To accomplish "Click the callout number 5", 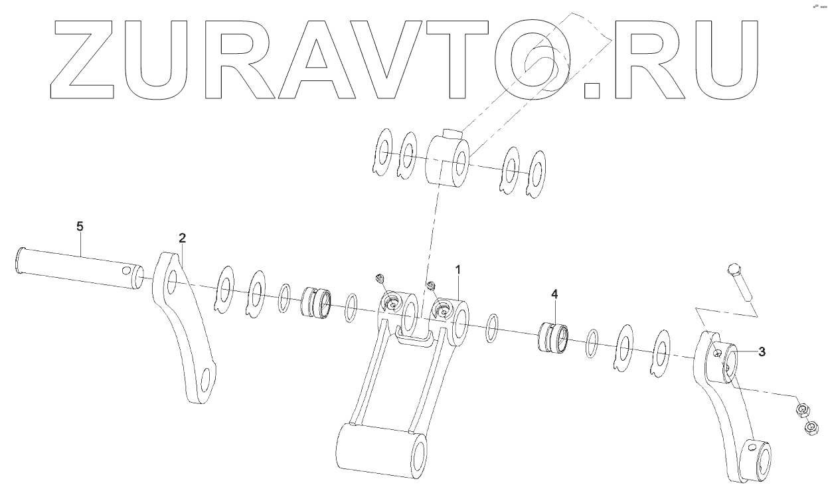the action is point(80,227).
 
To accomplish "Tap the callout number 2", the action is point(182,237).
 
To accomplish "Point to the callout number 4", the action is point(554,293).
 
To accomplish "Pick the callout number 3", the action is point(762,351).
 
